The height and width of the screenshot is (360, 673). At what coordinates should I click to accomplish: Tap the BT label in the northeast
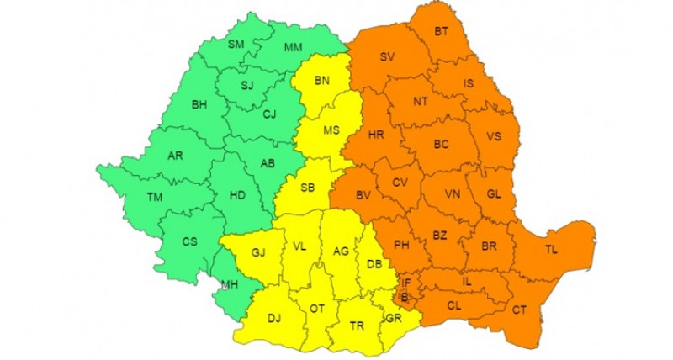click(441, 32)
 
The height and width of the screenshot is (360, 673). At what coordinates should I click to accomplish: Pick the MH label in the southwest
click(229, 284)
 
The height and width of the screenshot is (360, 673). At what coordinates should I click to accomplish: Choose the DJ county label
click(274, 318)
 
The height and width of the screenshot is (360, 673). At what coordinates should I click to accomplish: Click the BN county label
click(322, 81)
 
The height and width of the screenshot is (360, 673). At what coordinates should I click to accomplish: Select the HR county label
click(375, 135)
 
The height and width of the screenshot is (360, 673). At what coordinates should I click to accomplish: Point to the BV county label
click(363, 195)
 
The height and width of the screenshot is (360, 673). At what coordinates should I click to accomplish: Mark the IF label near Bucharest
click(405, 283)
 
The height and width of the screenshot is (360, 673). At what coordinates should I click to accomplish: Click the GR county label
click(392, 318)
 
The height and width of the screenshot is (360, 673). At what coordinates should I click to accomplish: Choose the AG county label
click(341, 251)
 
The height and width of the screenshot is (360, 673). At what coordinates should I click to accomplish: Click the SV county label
click(387, 57)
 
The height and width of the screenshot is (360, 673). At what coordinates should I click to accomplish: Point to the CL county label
click(454, 305)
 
